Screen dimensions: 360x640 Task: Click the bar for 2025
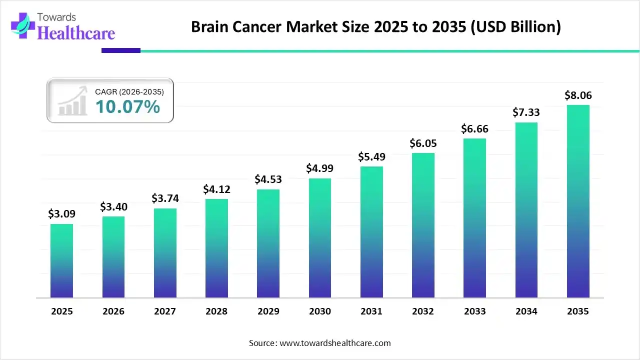61,260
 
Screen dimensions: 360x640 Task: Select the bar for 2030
320,238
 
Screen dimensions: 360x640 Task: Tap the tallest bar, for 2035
578,201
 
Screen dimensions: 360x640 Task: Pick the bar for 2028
216,248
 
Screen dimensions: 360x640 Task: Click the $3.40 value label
113,206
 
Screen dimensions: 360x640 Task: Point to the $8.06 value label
578,95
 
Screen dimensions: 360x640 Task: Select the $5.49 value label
371,156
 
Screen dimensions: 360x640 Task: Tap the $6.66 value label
474,128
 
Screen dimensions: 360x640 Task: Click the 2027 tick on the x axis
165,311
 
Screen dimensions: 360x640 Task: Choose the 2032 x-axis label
423,311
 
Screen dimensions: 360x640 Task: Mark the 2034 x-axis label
526,311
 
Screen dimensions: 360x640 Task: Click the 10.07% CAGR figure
127,106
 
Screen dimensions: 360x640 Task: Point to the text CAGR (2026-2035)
129,91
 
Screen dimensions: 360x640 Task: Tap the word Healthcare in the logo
76,33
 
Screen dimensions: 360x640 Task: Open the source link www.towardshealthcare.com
334,343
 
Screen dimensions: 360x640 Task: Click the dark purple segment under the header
121,50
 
